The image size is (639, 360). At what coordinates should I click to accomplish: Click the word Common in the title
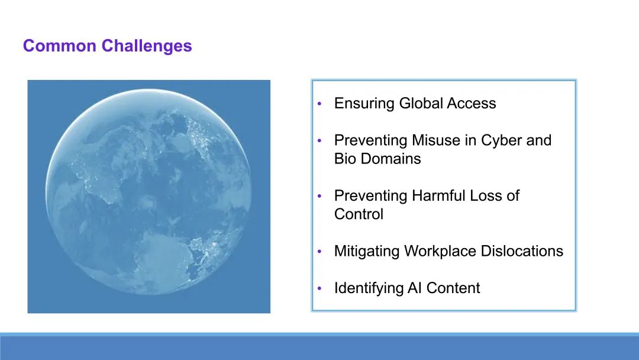pyautogui.click(x=60, y=46)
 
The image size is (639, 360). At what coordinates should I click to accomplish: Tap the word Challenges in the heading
pyautogui.click(x=147, y=46)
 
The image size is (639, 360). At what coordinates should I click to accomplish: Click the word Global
pyautogui.click(x=421, y=103)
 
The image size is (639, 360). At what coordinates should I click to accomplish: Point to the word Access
pyautogui.click(x=472, y=103)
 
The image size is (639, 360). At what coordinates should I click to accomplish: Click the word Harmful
pyautogui.click(x=438, y=196)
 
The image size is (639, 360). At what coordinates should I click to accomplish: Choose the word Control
pyautogui.click(x=359, y=214)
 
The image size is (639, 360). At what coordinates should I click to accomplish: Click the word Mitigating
pyautogui.click(x=367, y=252)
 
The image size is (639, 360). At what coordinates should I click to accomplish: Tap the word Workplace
pyautogui.click(x=440, y=252)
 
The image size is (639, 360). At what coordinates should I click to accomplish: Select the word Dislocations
pyautogui.click(x=522, y=251)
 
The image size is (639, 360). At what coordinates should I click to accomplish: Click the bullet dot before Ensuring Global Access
pyautogui.click(x=319, y=104)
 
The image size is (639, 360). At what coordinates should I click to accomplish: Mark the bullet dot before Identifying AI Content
pyautogui.click(x=319, y=288)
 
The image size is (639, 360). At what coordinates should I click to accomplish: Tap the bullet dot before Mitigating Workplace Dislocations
pyautogui.click(x=319, y=251)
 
